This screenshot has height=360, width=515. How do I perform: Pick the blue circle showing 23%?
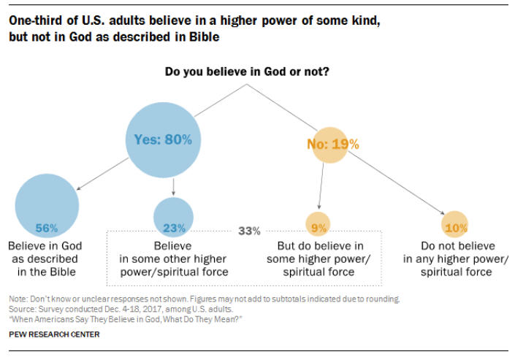click(173, 217)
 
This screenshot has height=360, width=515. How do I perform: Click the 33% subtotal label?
click(249, 231)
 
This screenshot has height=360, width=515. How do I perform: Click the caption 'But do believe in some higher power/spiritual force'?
click(320, 258)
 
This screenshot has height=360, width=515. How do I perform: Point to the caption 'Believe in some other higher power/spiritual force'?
click(172, 258)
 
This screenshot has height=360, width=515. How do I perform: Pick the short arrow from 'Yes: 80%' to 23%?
click(173, 186)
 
